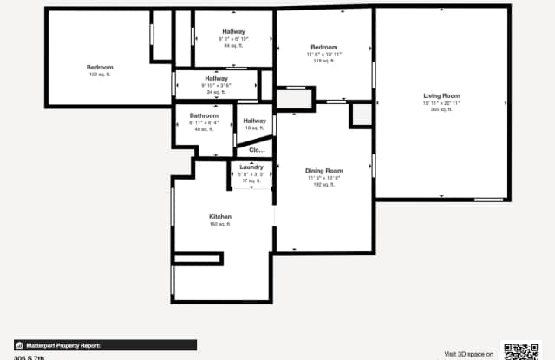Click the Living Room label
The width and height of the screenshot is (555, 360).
(441, 95)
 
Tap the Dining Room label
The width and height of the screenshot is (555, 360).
(324, 171)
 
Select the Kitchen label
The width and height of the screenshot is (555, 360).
(220, 217)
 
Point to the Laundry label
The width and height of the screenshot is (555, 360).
(251, 167)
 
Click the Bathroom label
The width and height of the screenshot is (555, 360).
(204, 115)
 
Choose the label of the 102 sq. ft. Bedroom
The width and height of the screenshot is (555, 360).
(100, 67)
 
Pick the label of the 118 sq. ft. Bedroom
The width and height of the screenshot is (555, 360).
(324, 47)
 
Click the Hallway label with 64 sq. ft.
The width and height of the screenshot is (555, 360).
(233, 32)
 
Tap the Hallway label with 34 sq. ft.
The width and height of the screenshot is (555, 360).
(216, 78)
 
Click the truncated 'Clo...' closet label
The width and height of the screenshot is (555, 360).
(257, 150)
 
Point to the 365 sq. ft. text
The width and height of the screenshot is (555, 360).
(441, 110)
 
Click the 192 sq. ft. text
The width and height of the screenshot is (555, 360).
(324, 185)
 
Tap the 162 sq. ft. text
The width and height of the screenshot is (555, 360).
(220, 225)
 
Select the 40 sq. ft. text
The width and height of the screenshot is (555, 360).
(204, 129)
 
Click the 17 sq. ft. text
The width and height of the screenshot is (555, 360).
(251, 180)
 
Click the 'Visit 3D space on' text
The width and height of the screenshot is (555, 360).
(469, 354)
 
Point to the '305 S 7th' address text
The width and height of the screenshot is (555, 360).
(29, 357)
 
